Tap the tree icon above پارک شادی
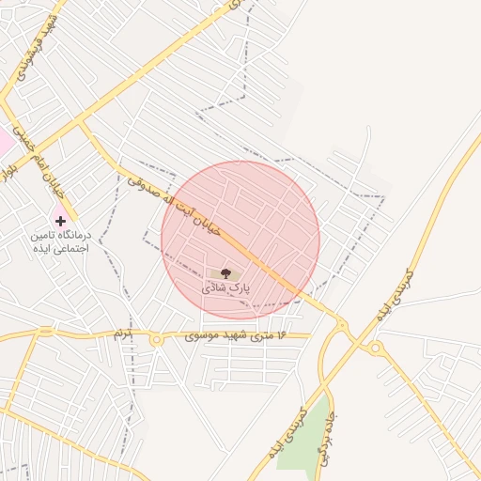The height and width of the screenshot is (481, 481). tap(228, 272)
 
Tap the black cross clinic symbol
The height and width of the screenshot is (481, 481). tap(61, 220)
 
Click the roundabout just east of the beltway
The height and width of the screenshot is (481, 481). tap(376, 349)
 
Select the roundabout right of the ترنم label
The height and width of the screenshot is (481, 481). tap(156, 339)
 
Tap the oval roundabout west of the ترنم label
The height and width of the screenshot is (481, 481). tap(46, 331)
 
